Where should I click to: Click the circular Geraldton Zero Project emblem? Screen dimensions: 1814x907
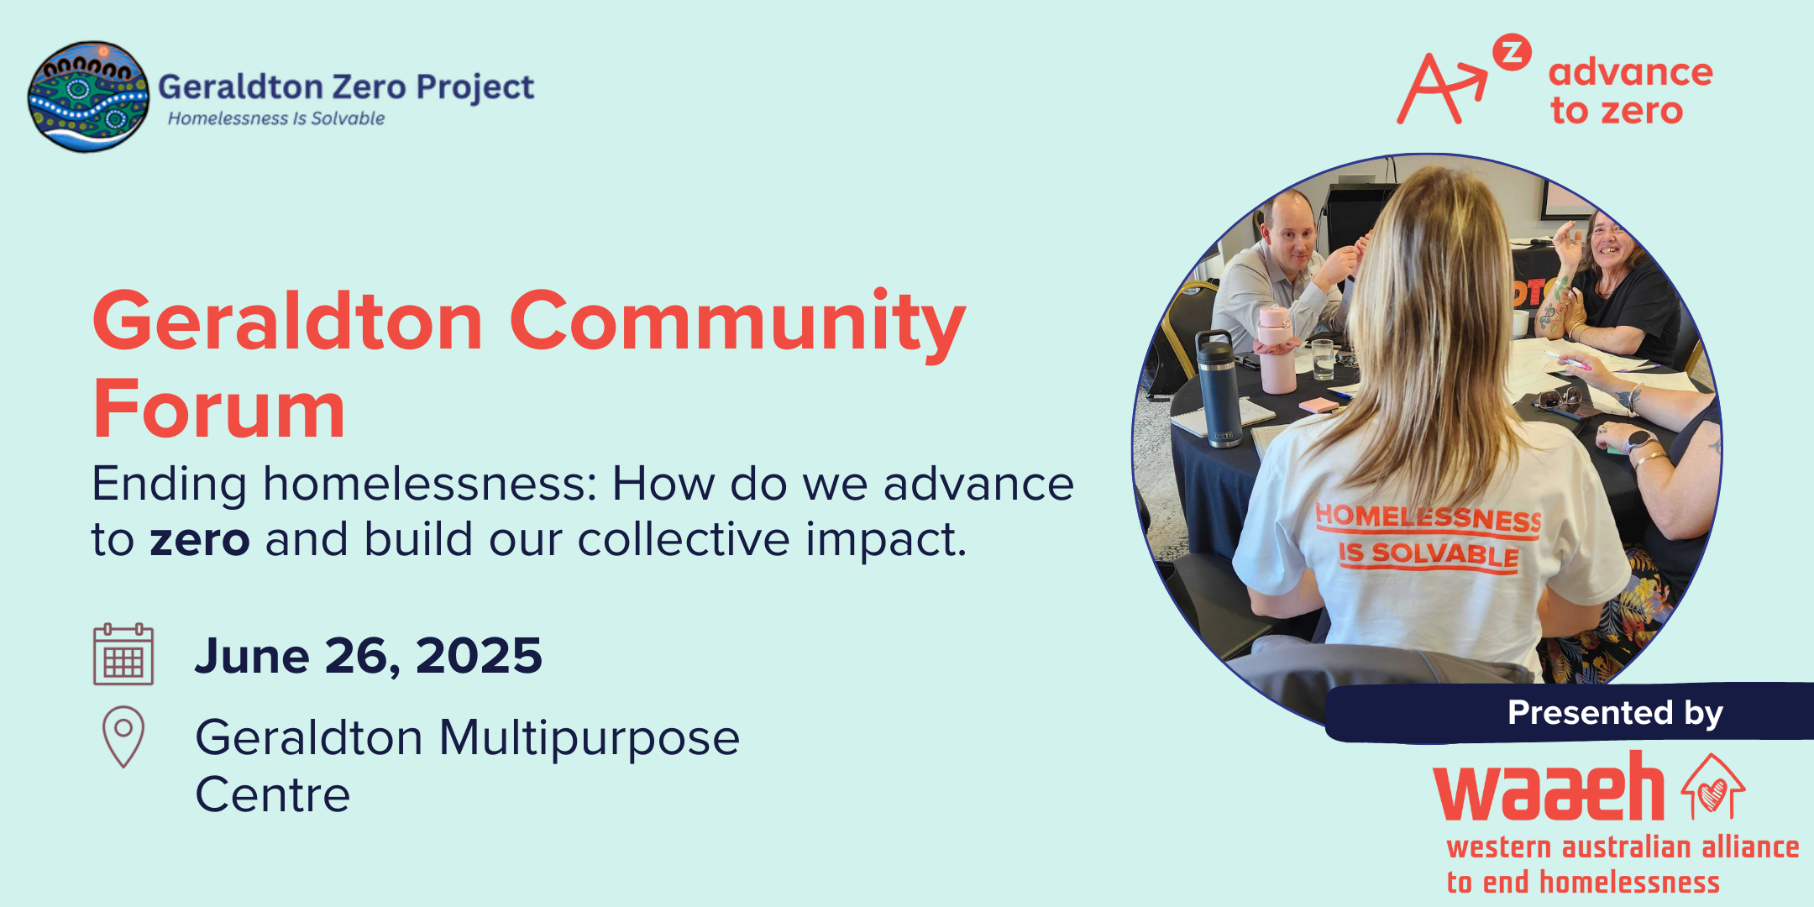click(88, 97)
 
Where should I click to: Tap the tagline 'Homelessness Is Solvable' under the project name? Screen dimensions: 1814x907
click(276, 118)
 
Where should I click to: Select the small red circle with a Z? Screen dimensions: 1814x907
click(1512, 52)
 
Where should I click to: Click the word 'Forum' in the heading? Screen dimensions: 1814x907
click(219, 410)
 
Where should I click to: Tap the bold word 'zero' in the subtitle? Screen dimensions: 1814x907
click(200, 540)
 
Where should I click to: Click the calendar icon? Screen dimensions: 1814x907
click(123, 654)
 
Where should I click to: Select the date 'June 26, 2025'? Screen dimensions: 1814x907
click(369, 655)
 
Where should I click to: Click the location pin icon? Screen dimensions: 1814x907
click(123, 736)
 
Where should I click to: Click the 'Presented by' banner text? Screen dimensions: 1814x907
click(1615, 713)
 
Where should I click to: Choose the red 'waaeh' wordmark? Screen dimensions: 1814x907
click(1549, 787)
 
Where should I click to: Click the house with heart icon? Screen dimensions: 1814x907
click(1713, 786)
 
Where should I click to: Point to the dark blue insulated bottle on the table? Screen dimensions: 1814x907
click(1217, 387)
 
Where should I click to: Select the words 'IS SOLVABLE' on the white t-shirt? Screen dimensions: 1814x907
click(1429, 555)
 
